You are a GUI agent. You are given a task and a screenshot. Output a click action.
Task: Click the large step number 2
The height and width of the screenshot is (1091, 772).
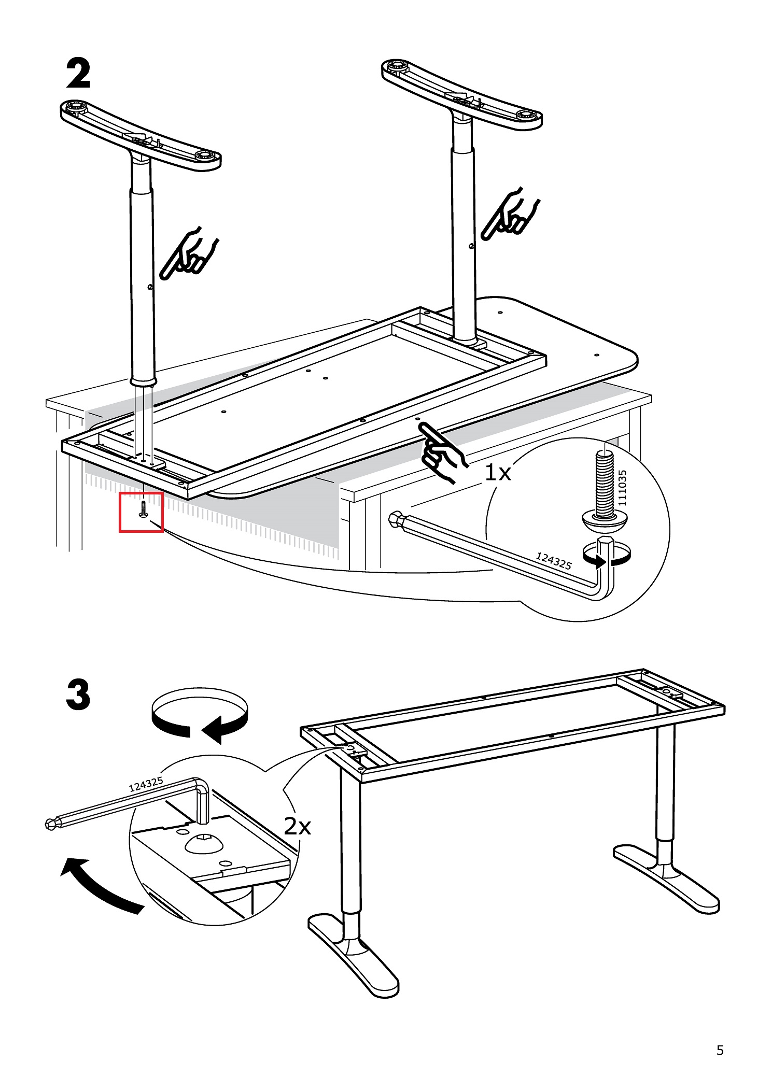coord(78,74)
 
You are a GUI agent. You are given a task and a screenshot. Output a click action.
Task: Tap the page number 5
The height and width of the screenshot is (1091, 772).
coord(720,1050)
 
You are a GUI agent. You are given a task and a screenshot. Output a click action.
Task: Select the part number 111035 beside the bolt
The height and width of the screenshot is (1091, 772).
coord(622,488)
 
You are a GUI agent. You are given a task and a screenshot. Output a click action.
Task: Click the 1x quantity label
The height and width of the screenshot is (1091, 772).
coord(497,472)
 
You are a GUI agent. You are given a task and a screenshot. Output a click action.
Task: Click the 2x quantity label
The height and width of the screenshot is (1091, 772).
coord(297,826)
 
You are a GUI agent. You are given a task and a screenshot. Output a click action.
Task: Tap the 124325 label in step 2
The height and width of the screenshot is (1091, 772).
coord(553,560)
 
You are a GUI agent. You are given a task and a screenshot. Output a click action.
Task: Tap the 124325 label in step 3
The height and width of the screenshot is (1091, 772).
coord(146,784)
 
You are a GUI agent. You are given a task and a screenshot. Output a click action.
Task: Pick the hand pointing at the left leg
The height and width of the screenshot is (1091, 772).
coord(188,253)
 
